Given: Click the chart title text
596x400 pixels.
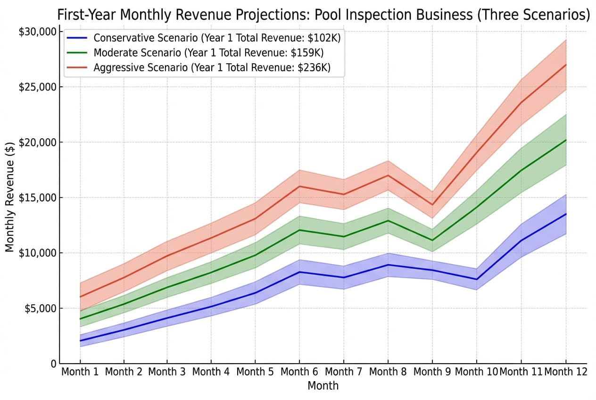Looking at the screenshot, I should pyautogui.click(x=323, y=15).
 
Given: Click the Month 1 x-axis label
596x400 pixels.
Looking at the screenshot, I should pyautogui.click(x=80, y=372).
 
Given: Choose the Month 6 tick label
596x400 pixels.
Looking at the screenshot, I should pyautogui.click(x=299, y=372).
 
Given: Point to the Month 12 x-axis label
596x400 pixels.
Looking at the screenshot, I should pyautogui.click(x=566, y=372).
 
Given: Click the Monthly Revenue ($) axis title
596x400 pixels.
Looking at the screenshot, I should pyautogui.click(x=10, y=198).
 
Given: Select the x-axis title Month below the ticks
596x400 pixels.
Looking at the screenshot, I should pyautogui.click(x=323, y=386).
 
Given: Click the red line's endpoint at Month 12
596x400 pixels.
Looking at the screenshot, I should pyautogui.click(x=565, y=65).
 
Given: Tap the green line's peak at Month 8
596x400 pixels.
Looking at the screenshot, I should pyautogui.click(x=388, y=220).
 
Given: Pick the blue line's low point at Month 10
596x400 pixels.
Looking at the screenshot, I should pyautogui.click(x=476, y=279).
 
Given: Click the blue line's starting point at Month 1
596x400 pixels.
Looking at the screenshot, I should pyautogui.click(x=81, y=341).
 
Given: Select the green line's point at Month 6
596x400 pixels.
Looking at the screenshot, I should pyautogui.click(x=299, y=230).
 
